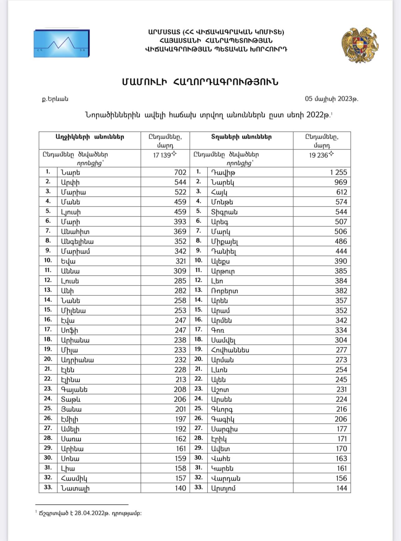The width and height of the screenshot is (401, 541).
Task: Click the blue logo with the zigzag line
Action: (62, 43)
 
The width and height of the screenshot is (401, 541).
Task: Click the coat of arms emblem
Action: (360, 45)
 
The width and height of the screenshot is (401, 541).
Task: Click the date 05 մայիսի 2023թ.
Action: (331, 99)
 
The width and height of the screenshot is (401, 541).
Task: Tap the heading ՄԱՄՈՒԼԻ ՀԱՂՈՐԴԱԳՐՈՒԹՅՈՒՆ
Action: (200, 82)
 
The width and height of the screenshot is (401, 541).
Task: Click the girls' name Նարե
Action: (71, 172)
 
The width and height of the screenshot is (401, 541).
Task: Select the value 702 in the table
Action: (180, 172)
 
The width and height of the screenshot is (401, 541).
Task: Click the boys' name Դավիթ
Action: (223, 172)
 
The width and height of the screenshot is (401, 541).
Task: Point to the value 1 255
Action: (339, 172)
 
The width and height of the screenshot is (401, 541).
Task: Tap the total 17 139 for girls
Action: (162, 155)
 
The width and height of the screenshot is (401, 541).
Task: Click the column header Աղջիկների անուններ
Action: (90, 137)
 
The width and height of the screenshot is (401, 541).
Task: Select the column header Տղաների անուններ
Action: (241, 137)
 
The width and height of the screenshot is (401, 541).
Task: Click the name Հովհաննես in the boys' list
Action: (230, 350)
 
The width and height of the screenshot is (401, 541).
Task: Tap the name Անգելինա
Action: (77, 241)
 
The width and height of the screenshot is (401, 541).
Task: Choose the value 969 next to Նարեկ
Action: (340, 182)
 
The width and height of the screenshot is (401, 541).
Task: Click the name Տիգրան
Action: (224, 212)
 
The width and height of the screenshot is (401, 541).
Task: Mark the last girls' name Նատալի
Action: (75, 488)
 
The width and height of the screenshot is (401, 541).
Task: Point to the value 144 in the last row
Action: (342, 488)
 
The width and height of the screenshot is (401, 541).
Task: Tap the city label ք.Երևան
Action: (55, 99)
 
